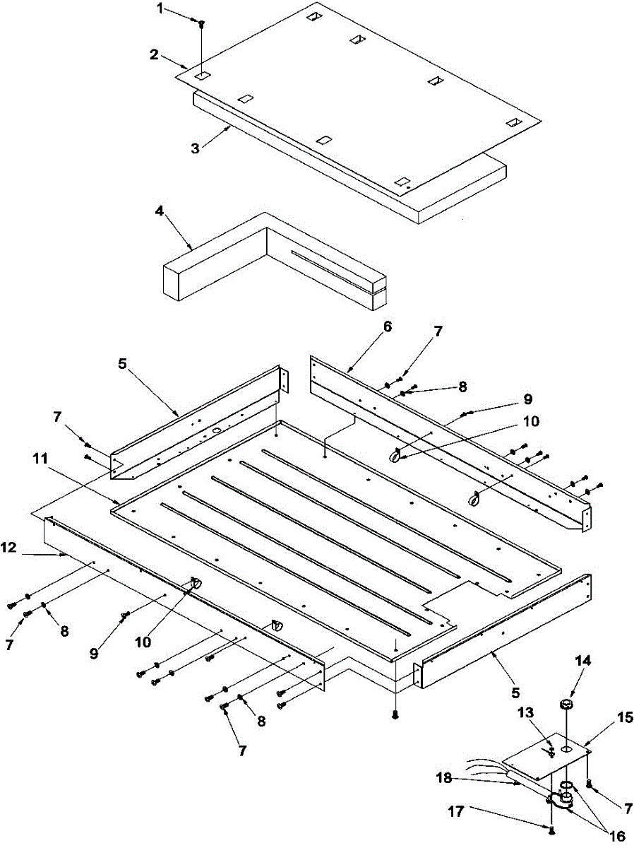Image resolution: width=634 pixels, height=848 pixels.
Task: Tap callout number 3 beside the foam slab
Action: [196, 149]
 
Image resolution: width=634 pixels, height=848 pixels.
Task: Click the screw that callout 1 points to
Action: [202, 24]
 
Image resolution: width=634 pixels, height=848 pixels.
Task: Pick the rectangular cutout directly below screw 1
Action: [202, 74]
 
